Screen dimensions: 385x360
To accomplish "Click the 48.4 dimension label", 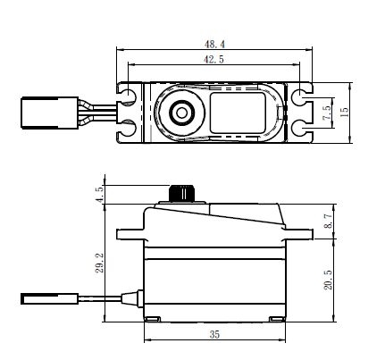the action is click(214, 45).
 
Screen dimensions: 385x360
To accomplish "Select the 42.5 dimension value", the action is click(213, 59).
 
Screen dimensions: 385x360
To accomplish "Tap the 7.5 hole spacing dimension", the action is click(327, 113).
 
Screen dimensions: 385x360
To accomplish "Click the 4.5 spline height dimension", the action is click(100, 194).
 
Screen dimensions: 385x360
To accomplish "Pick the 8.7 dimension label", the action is click(328, 221).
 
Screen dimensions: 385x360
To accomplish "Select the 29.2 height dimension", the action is click(99, 263).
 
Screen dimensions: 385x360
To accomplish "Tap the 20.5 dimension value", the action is click(328, 280).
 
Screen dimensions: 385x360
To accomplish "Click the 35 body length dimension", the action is click(214, 334).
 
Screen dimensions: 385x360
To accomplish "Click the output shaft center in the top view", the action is click(181, 113).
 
